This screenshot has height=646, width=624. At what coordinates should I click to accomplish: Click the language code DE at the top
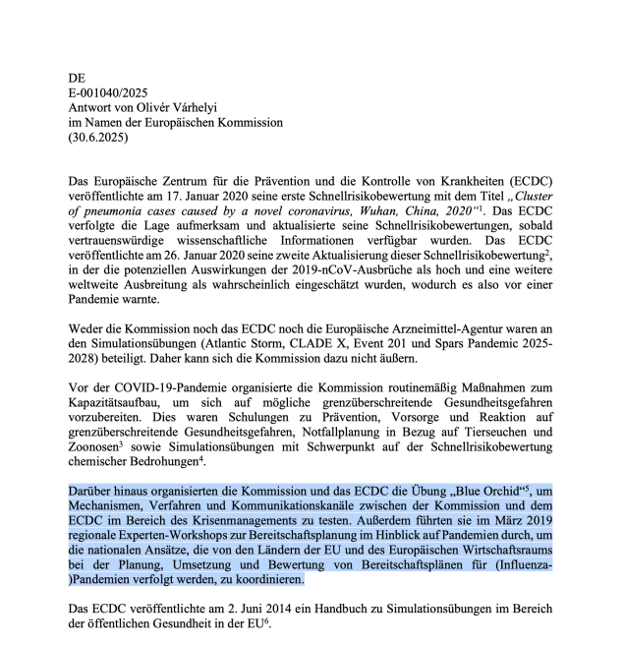78,77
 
